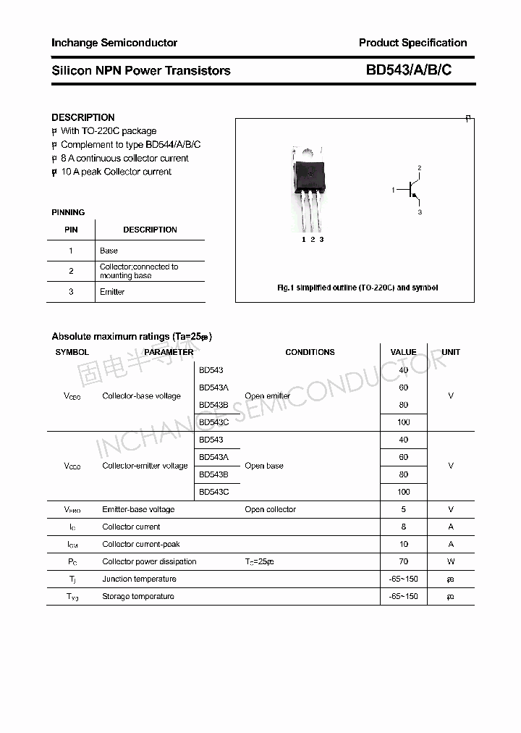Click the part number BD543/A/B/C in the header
tap(408, 70)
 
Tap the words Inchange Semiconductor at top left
tap(114, 43)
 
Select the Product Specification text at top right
tap(412, 43)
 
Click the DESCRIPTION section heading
tap(82, 117)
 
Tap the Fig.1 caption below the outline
tap(357, 288)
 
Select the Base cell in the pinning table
tap(109, 251)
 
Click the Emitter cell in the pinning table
tap(112, 292)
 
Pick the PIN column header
tap(71, 230)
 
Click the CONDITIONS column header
tap(310, 352)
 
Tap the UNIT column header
tap(451, 352)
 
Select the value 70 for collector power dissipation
tap(403, 561)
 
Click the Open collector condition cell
tap(270, 509)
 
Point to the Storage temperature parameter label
tap(137, 596)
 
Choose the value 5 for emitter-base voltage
tap(403, 509)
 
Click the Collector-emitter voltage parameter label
tap(145, 466)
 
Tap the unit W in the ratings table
tap(451, 561)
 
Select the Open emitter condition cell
tap(267, 396)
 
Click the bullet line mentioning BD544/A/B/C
tap(130, 144)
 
